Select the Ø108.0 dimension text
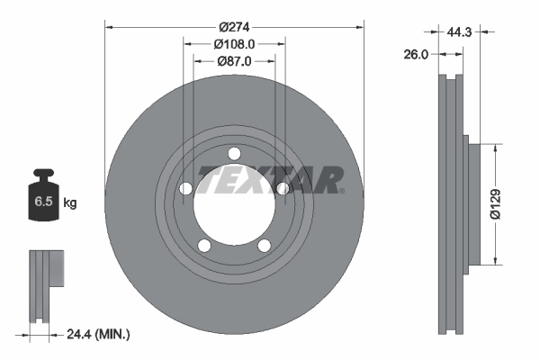[x=235, y=42]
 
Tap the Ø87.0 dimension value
[x=235, y=60]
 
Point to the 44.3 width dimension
[x=460, y=31]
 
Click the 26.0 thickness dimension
[x=417, y=54]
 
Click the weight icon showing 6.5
[x=42, y=199]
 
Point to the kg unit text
[x=70, y=203]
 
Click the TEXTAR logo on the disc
[x=270, y=181]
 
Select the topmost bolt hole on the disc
[x=235, y=153]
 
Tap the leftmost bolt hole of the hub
[x=186, y=189]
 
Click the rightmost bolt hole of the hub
[x=283, y=188]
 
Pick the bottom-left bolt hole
[x=205, y=246]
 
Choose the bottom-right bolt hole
[x=265, y=246]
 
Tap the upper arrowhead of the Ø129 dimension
[x=496, y=145]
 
